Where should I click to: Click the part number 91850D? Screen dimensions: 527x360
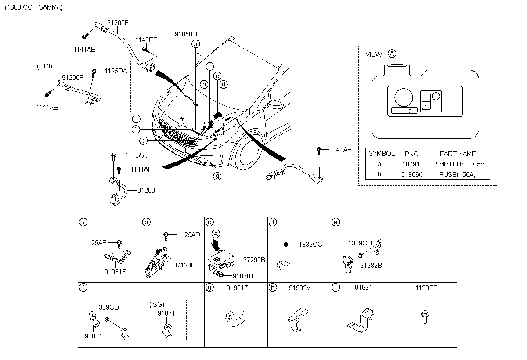(186, 34)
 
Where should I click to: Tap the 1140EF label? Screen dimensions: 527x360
(146, 40)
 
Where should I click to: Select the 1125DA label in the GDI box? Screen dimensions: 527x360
(116, 71)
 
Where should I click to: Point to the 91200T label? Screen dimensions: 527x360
(148, 191)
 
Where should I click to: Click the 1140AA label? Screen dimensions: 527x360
(136, 155)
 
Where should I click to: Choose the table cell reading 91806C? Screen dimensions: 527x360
(412, 174)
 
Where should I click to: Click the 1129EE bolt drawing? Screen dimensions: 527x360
(425, 317)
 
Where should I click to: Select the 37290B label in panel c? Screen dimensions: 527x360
(254, 260)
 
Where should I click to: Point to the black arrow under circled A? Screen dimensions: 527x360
(216, 245)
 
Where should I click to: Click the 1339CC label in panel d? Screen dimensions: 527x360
(310, 245)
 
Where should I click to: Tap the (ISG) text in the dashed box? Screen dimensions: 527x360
(157, 305)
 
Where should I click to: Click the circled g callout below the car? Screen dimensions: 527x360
(217, 176)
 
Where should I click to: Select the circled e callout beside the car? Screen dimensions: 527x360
(136, 119)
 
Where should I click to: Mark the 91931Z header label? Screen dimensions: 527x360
(237, 288)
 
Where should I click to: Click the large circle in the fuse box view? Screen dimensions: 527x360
(404, 97)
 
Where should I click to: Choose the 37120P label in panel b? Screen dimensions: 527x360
(184, 265)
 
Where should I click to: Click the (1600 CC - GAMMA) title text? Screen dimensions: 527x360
(34, 7)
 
